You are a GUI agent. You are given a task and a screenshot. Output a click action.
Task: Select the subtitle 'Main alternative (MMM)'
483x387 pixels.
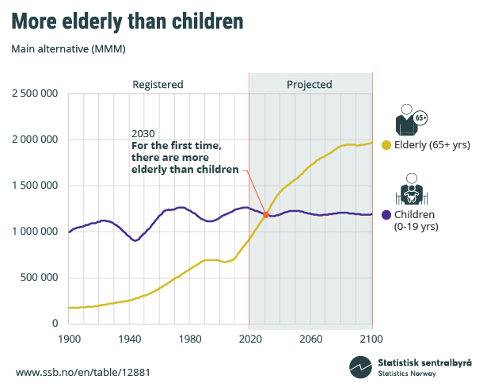69,49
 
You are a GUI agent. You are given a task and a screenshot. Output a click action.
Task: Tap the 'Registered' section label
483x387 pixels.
158,84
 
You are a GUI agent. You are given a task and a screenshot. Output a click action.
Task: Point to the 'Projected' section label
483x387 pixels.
309,84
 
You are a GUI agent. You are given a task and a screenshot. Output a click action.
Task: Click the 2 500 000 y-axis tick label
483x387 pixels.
34,94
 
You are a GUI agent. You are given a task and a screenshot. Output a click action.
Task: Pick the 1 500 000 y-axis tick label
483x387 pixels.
34,186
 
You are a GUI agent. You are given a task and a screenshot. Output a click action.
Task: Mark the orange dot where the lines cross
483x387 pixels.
266,215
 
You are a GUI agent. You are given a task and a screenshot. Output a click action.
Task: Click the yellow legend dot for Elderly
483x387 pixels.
386,144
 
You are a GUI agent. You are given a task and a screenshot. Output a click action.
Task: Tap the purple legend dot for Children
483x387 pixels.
386,215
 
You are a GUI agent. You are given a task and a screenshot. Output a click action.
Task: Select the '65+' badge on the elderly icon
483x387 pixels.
420,118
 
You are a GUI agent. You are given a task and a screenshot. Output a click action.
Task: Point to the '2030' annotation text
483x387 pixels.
143,133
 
